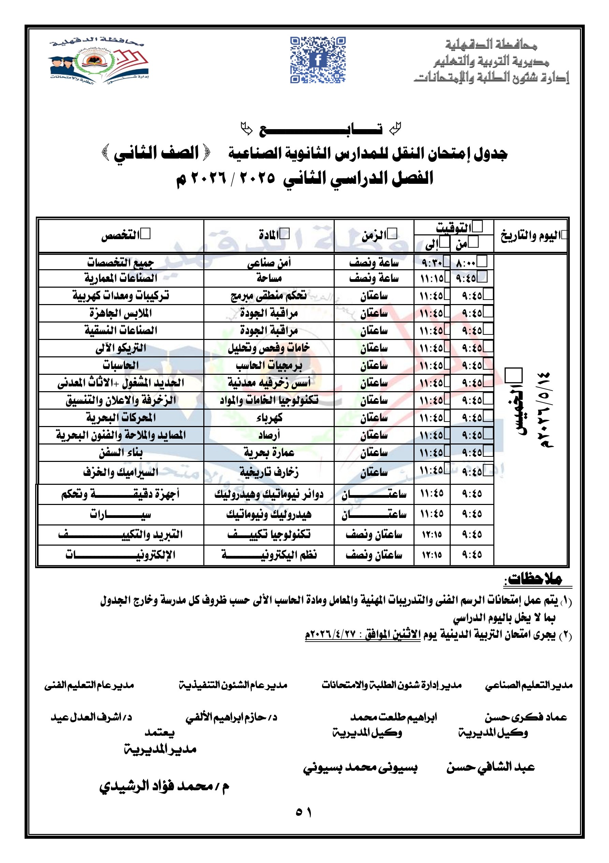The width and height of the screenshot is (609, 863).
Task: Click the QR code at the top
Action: click(x=318, y=60)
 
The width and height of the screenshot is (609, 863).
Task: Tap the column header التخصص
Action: click(x=120, y=236)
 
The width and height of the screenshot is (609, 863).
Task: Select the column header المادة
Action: click(x=269, y=236)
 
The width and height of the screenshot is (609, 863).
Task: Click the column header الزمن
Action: click(x=374, y=236)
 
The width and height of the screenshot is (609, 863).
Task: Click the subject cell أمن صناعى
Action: click(x=269, y=263)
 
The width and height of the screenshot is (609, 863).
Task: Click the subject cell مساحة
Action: click(x=269, y=278)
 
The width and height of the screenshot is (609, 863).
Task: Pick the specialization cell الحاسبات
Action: click(x=120, y=365)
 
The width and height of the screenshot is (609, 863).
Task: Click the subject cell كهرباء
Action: click(x=269, y=417)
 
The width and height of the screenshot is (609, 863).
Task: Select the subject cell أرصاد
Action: click(x=269, y=435)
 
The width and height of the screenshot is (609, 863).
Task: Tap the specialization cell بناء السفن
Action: click(x=120, y=453)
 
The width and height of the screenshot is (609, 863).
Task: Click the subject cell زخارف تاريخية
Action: click(x=269, y=472)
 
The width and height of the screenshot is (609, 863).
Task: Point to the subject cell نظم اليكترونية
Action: click(x=269, y=555)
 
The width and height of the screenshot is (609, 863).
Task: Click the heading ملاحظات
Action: click(x=533, y=579)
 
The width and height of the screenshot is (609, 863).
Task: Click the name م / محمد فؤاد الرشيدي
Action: click(x=164, y=786)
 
